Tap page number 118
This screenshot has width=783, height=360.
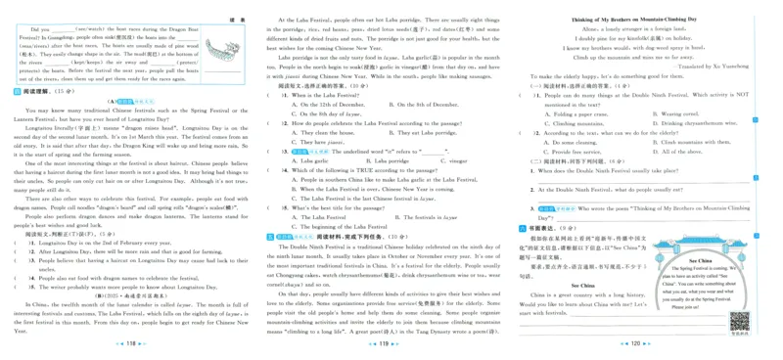pos(130,344)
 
